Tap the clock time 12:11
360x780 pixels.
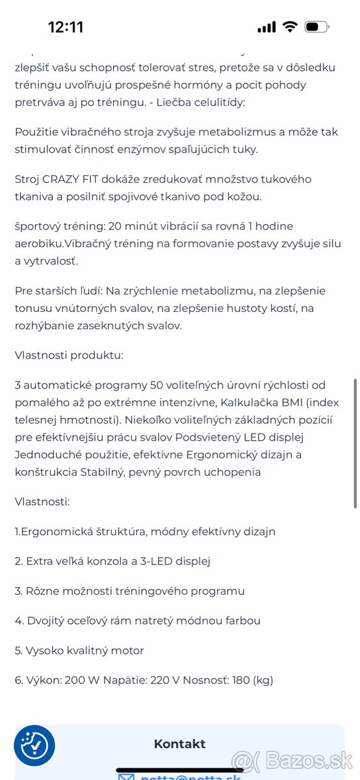tap(66, 27)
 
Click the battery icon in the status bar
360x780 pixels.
tap(316, 27)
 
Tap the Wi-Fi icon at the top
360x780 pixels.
tap(289, 27)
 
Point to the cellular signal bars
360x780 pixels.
tap(266, 27)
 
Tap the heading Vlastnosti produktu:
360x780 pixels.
tap(70, 356)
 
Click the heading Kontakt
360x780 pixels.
tap(179, 744)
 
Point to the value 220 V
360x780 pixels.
tap(165, 681)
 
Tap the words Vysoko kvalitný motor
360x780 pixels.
tap(84, 651)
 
